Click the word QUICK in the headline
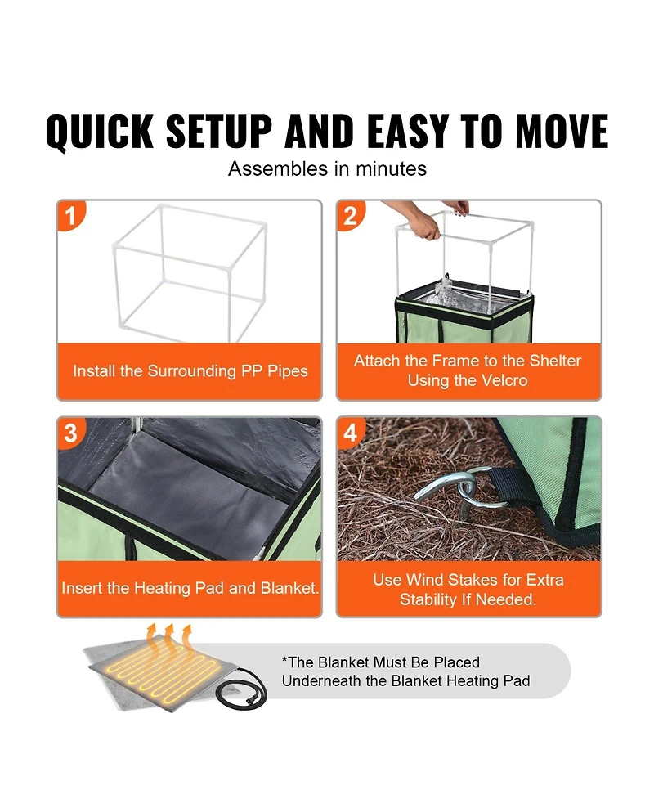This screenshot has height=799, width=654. pyautogui.click(x=99, y=132)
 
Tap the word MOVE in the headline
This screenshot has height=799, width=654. pyautogui.click(x=562, y=132)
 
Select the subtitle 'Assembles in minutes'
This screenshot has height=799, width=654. pyautogui.click(x=327, y=168)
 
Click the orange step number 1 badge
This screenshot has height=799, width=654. pyautogui.click(x=71, y=215)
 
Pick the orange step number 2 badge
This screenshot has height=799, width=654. pyautogui.click(x=351, y=216)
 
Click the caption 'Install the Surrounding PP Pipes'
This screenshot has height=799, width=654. pyautogui.click(x=190, y=371)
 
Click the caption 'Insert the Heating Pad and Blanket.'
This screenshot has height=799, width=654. pyautogui.click(x=190, y=589)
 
